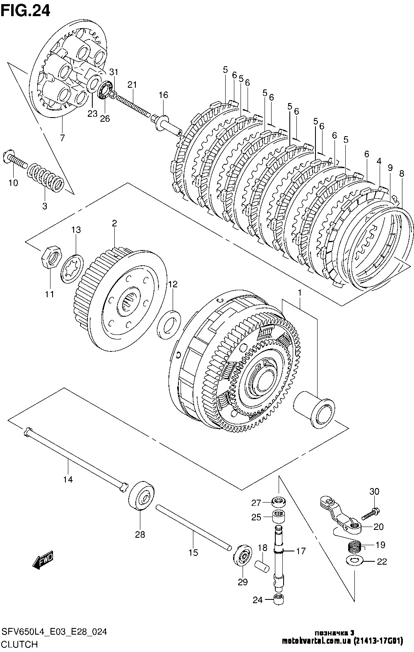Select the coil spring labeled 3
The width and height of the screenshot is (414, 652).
[46, 177]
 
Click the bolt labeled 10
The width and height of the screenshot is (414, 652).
[15, 160]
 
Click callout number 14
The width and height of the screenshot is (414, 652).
[68, 479]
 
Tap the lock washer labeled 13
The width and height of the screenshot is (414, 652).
[72, 268]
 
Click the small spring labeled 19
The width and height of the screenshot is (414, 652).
[355, 545]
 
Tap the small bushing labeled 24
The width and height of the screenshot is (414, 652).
[279, 599]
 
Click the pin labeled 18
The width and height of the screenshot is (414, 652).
[261, 567]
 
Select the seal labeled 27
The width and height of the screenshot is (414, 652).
[278, 501]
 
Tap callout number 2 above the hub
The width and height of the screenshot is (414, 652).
[114, 223]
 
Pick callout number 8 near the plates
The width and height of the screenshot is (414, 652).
[402, 174]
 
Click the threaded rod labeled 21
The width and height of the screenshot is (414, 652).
[134, 106]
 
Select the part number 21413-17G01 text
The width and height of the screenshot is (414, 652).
[378, 641]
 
